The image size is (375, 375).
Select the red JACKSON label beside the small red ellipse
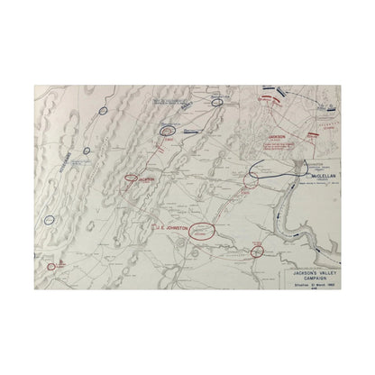pyautogui.click(x=146, y=179)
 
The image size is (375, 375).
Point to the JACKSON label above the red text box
pyautogui.click(x=277, y=135)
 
